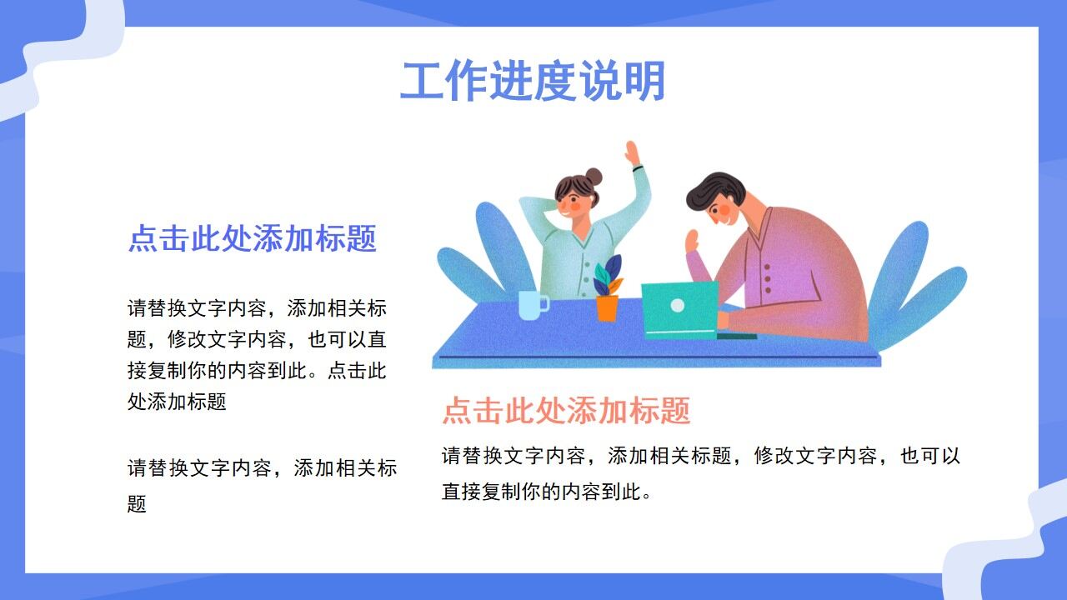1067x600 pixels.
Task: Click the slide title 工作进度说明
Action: click(x=533, y=82)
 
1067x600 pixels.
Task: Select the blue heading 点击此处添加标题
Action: click(x=253, y=239)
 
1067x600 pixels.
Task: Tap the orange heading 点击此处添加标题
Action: click(x=566, y=411)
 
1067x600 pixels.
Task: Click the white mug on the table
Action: click(x=531, y=305)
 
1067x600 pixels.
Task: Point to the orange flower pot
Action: click(x=607, y=307)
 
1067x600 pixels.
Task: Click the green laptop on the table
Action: click(x=680, y=309)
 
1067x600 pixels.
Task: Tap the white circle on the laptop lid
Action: click(x=678, y=306)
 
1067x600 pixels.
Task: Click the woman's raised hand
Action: click(x=633, y=154)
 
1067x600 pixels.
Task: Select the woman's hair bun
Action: click(x=593, y=176)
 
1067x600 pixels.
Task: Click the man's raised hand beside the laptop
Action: click(x=691, y=243)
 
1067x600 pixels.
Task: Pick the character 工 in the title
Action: click(x=422, y=82)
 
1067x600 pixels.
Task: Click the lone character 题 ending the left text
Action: click(x=137, y=504)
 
